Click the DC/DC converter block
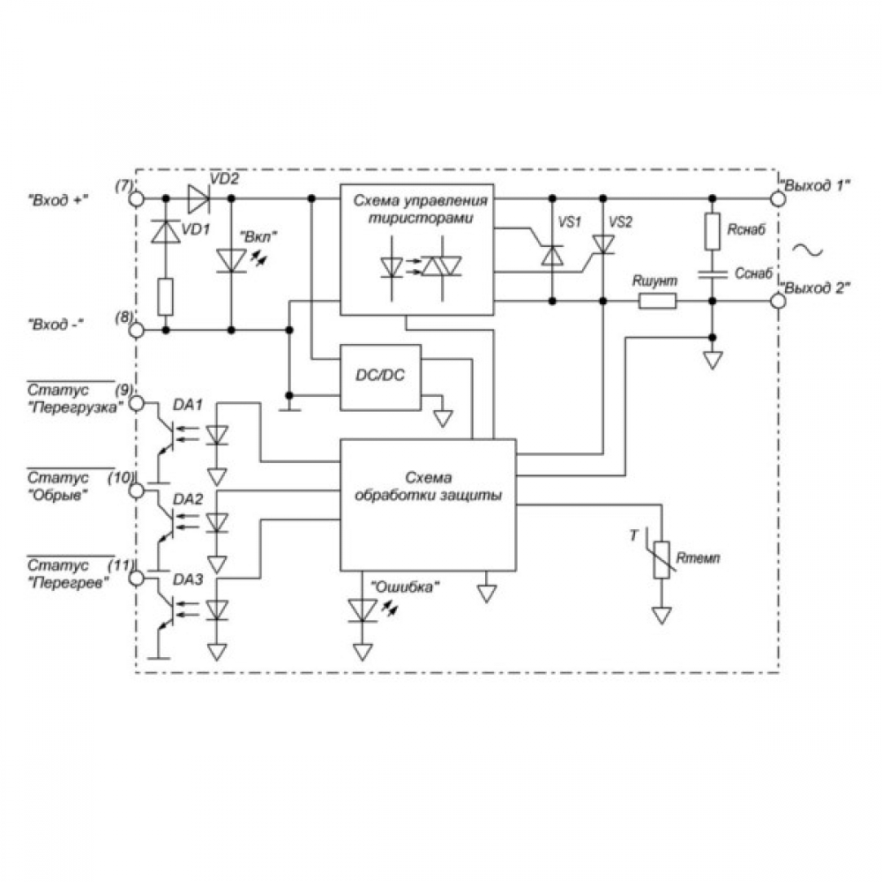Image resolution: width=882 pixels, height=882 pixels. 380,377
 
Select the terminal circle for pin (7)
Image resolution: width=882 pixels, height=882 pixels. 137,198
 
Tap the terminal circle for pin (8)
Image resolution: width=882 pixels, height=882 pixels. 137,330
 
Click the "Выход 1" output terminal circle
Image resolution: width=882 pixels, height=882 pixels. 777,198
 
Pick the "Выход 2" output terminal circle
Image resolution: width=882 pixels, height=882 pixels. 777,301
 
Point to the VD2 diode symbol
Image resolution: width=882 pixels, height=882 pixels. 198,198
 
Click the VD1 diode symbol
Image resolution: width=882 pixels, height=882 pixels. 166,231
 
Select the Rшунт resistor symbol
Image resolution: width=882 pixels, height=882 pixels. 657,301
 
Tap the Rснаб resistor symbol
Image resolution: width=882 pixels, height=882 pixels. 712,231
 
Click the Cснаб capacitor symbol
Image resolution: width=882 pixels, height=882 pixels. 712,274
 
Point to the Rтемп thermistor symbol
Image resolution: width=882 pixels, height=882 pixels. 661,558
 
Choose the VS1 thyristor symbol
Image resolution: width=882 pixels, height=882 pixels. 552,255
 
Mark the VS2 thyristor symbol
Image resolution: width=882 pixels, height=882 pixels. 603,244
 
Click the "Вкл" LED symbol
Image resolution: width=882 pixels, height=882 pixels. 231,261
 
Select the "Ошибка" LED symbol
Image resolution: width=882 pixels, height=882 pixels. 363,610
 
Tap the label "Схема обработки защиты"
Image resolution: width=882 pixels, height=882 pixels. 428,487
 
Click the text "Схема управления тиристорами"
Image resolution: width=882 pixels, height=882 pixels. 421,209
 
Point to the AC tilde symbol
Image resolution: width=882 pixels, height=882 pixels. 807,250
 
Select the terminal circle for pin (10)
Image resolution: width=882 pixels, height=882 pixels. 137,491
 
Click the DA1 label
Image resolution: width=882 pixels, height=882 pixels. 188,405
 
